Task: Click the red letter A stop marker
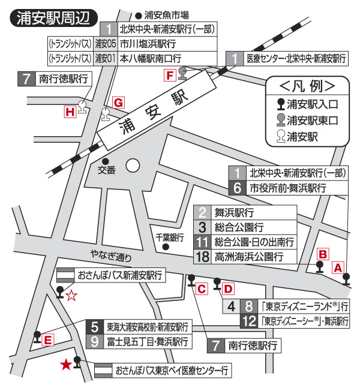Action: (338, 267)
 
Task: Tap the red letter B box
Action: (322, 254)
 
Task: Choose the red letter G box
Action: (118, 103)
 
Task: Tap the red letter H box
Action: (70, 111)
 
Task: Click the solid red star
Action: (66, 364)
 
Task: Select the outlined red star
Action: (71, 294)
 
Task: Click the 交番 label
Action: (106, 170)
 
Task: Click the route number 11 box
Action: (203, 243)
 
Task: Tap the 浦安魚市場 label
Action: (166, 14)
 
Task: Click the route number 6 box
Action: (238, 188)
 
